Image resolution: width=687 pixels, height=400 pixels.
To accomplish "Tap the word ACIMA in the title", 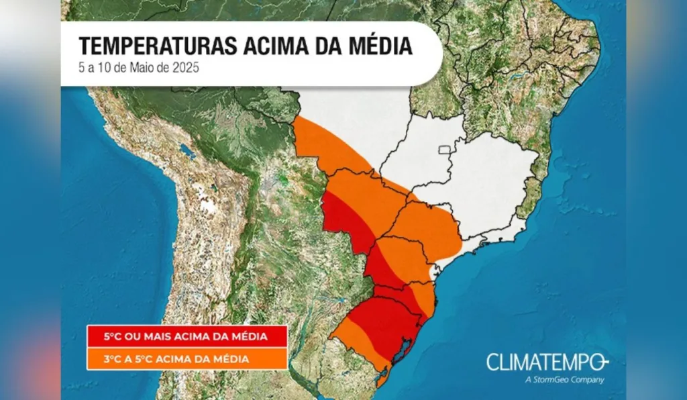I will point(264,46).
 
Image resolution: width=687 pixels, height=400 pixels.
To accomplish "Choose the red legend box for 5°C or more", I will point(187,336).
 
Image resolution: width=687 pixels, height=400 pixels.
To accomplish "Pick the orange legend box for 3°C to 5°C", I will point(187,359).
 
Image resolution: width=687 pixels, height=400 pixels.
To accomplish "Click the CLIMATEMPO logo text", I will point(546,362).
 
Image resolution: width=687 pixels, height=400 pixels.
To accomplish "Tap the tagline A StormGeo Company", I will point(565,380).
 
